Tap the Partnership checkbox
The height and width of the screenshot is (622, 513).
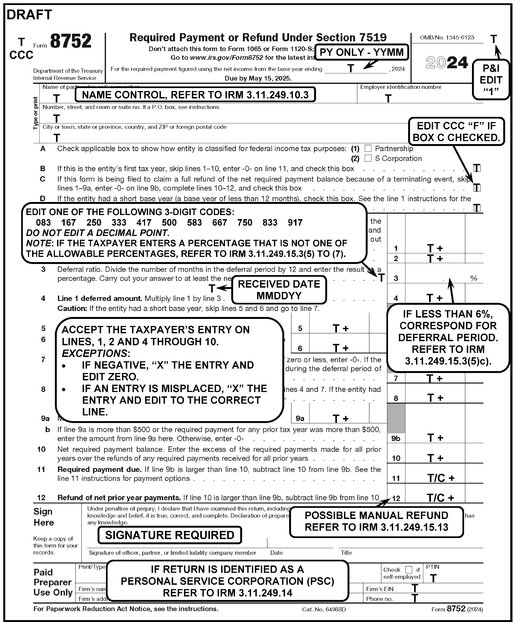click(368, 148)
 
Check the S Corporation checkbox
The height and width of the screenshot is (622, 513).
click(368, 158)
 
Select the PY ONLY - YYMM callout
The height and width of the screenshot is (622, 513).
click(362, 52)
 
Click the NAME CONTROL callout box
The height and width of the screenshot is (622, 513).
click(195, 95)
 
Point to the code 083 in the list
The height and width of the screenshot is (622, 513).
click(43, 223)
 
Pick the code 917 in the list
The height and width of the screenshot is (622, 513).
click(295, 223)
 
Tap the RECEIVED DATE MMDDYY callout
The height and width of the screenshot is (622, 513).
click(279, 290)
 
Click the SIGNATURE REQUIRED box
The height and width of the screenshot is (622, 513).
click(170, 535)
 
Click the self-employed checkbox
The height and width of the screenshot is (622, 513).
click(409, 569)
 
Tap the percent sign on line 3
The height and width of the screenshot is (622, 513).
click(474, 278)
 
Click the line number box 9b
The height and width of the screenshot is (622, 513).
click(396, 438)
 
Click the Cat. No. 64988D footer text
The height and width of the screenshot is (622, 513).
click(324, 609)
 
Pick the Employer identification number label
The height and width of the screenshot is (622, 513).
click(401, 87)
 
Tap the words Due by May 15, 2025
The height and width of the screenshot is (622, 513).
click(258, 78)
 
